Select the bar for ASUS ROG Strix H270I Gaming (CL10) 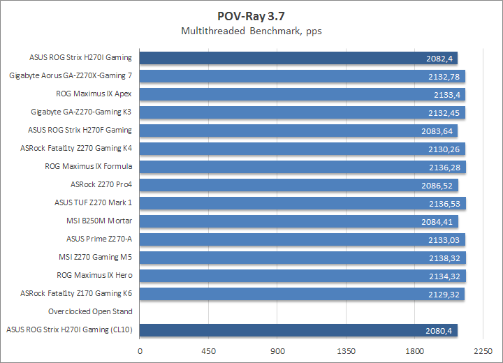coord(299,330)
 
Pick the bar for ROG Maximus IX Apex coord(302,94)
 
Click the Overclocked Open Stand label coord(90,311)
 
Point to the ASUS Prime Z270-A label coord(99,239)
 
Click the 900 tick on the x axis coord(277,351)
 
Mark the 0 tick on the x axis coord(140,351)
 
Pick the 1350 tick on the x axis coord(347,351)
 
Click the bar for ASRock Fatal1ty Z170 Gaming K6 coord(302,294)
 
